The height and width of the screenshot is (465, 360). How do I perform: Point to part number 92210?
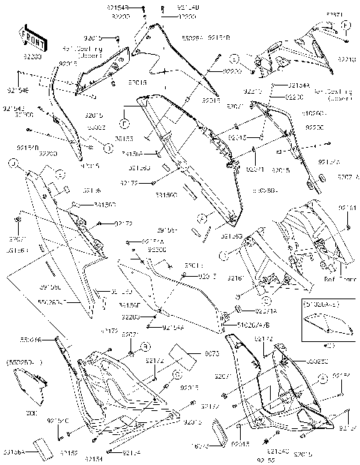point(348,57)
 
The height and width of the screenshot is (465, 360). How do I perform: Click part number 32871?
point(335,14)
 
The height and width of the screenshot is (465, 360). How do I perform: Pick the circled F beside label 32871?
point(346,25)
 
